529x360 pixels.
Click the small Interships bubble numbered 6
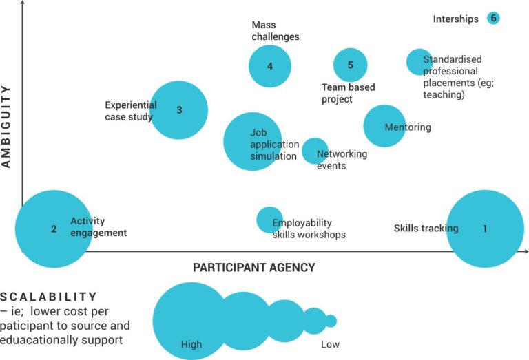click(x=492, y=18)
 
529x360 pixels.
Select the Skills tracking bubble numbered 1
click(x=485, y=229)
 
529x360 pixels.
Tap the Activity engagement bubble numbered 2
click(x=54, y=229)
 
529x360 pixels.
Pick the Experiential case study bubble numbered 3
click(x=179, y=109)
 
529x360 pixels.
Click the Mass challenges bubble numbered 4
click(x=270, y=66)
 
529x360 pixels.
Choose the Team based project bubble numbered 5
click(x=350, y=65)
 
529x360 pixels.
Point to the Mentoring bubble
click(x=384, y=126)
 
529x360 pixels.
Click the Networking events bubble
click(x=315, y=151)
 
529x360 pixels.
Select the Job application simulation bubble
click(x=251, y=141)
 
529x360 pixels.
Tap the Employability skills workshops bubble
click(x=269, y=220)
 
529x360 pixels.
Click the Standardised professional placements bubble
click(x=418, y=62)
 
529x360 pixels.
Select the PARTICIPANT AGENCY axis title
click(x=253, y=267)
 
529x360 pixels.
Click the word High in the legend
click(x=191, y=345)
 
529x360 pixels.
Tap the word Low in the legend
click(x=330, y=345)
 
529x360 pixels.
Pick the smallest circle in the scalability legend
click(x=331, y=321)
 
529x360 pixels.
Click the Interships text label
click(x=455, y=19)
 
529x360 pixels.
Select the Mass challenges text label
click(x=275, y=31)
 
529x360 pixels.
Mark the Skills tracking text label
click(x=426, y=229)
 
